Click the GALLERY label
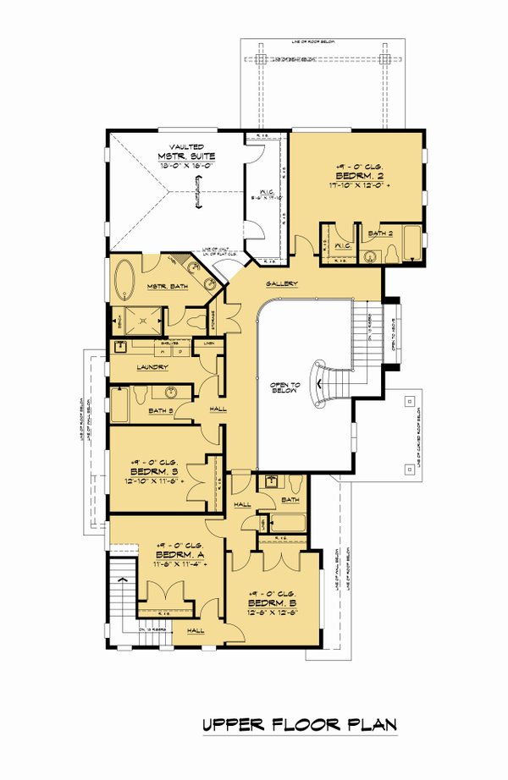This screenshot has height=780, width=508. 280,283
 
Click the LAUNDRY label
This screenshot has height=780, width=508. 152,367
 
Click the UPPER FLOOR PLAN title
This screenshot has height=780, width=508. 299,725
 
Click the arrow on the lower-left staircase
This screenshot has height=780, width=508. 124,580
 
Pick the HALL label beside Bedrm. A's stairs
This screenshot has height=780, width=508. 195,629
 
